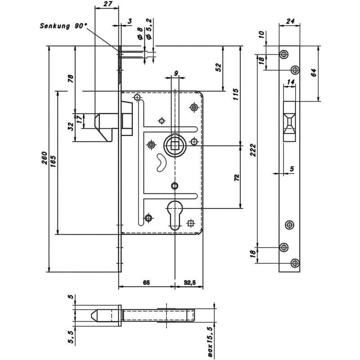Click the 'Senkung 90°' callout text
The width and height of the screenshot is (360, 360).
coord(63,26)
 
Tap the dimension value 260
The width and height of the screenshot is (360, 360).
coord(44,158)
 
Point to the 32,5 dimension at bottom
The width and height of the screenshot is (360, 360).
coord(189,283)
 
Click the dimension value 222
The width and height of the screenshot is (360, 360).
coord(253,150)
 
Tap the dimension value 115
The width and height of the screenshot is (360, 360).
coord(235,94)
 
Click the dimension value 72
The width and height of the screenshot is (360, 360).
coord(237,178)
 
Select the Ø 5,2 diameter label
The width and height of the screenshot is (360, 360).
coord(149,29)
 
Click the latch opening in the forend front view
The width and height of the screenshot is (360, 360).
coord(289,121)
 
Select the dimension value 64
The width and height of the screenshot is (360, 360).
coord(314,72)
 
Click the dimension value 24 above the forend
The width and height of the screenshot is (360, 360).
coord(290,21)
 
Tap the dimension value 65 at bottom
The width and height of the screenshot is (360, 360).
coord(146,283)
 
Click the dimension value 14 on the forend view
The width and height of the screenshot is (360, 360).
coord(290,82)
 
